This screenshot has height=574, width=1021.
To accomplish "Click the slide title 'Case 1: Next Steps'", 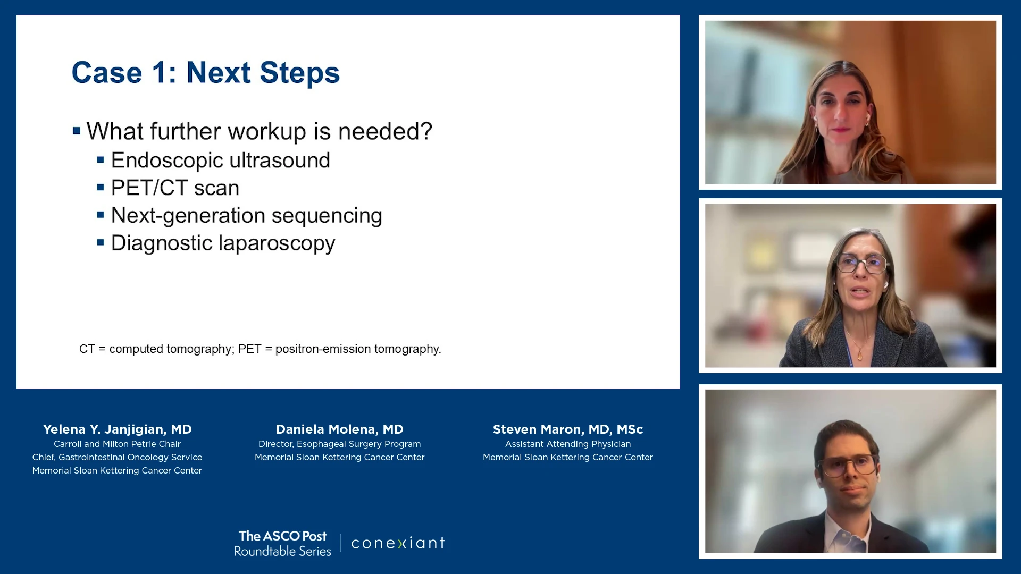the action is coord(205,72).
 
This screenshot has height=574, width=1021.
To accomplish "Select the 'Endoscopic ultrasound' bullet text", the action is coord(220,161).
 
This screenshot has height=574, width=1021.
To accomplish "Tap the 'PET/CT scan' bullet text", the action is coord(175,188).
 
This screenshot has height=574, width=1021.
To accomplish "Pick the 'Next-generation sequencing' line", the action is coord(246,216).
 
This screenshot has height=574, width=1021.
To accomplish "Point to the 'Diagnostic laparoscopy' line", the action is coord(223,243).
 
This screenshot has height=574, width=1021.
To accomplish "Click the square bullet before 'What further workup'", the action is coord(77,130).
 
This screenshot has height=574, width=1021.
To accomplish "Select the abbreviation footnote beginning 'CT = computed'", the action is coord(260,349).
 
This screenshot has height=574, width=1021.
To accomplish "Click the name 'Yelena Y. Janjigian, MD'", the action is coord(117,429).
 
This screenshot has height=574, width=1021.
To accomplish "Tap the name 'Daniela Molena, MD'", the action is coord(339,429).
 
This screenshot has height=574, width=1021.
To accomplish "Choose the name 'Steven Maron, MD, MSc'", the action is coord(568,429).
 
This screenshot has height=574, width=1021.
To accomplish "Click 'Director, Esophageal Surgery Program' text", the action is coord(339,444).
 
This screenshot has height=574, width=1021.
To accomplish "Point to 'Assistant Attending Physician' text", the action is coord(568,444).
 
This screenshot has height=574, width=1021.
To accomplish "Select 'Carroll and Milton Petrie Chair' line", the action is coord(117,444).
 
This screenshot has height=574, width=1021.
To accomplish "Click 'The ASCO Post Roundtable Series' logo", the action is coord(282,543).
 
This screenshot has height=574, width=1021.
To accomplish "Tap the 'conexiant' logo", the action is coord(398,543).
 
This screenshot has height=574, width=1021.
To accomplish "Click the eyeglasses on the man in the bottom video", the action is coord(849,465).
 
